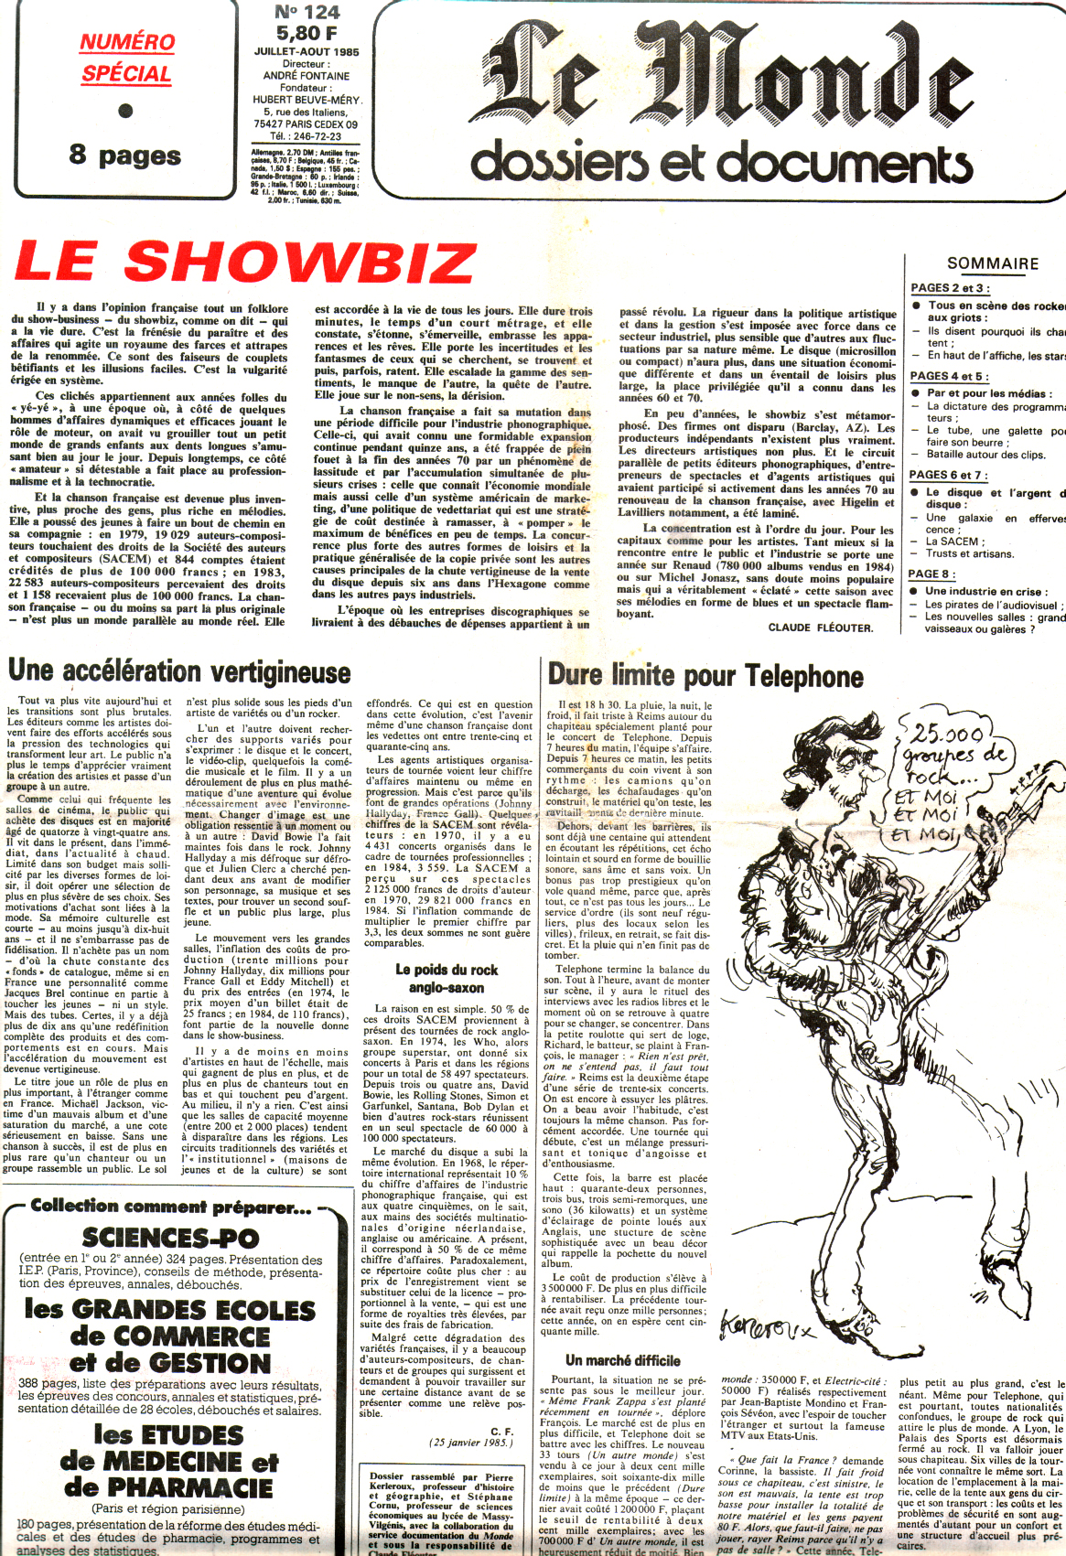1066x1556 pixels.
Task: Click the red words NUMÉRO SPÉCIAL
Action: [x=126, y=58]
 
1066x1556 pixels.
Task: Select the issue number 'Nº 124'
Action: [x=307, y=13]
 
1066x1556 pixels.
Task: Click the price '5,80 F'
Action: [x=307, y=34]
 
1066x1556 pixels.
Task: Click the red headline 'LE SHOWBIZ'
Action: [x=244, y=263]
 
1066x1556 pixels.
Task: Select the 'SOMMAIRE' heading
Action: [x=992, y=263]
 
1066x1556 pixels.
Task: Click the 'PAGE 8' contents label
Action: [x=931, y=574]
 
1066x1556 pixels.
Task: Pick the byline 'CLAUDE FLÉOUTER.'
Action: [x=820, y=628]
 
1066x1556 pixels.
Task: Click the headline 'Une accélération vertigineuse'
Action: [x=179, y=671]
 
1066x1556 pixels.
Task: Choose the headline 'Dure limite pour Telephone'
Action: [x=705, y=676]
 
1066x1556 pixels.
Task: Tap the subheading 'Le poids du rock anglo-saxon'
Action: [x=447, y=978]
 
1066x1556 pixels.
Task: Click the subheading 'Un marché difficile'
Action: [x=622, y=1360]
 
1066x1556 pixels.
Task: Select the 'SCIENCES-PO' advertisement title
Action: [x=170, y=1238]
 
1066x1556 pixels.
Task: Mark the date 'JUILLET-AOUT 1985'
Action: [x=307, y=52]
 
